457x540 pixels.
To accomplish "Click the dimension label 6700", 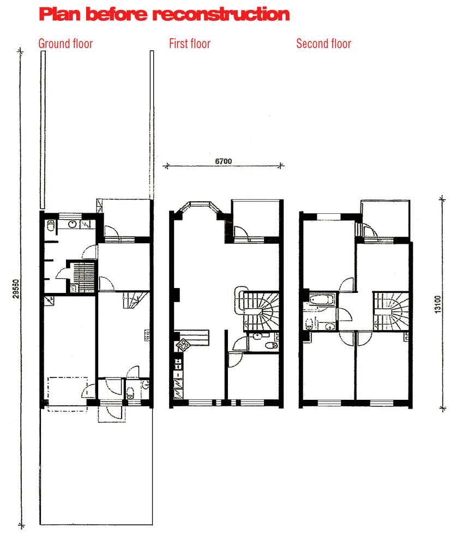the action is pos(223,161).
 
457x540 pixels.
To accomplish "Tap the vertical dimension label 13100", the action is pos(438,304).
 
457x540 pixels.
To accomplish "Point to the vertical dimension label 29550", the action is pos(16,289).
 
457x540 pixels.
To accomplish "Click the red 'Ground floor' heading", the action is pos(65,44).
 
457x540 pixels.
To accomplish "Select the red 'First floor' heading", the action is pos(190,44).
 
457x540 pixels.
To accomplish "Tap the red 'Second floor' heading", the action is pos(324,44).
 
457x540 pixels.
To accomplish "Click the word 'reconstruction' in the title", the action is pos(221,15).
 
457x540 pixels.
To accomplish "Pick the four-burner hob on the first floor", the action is pos(183,345).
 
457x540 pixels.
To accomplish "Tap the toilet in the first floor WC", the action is pos(272,345).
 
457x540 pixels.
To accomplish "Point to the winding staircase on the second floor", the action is pos(392,311).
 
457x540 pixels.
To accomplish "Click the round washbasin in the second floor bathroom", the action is pos(330,326).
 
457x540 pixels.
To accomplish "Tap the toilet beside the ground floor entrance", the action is pos(130,393).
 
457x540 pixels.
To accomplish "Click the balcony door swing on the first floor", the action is pos(242,233).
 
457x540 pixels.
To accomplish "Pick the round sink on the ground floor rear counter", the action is pos(73,224).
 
